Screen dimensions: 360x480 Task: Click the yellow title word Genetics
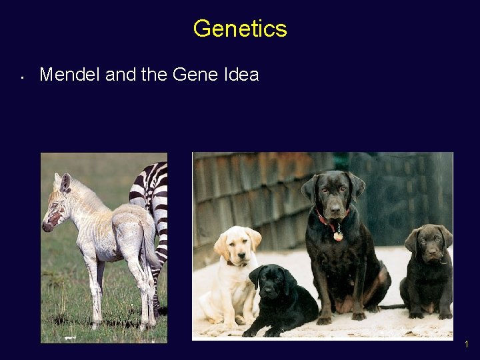click(x=240, y=29)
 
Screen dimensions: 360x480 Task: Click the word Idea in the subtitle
click(x=239, y=75)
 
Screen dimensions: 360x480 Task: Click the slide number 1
click(x=467, y=345)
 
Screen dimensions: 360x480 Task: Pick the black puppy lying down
click(x=280, y=300)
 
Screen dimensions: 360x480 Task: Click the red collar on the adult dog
click(x=332, y=219)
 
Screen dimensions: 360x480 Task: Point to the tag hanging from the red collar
click(x=339, y=235)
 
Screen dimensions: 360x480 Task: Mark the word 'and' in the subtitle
click(x=121, y=75)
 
